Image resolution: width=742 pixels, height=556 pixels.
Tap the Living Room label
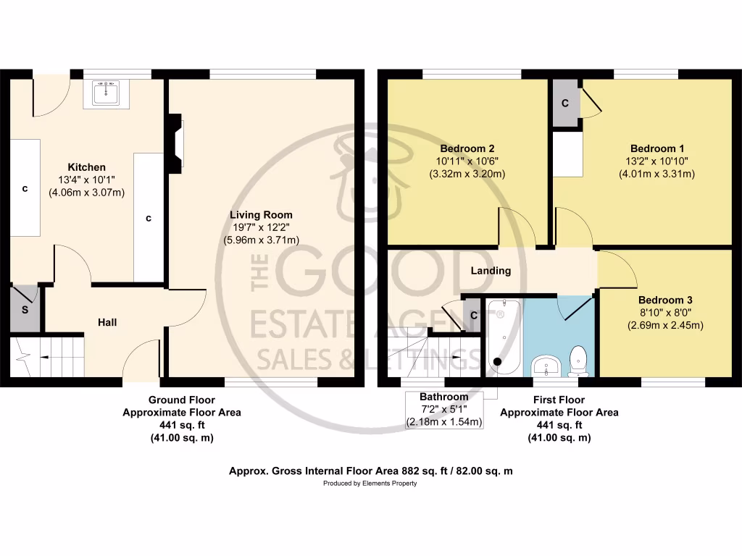261,215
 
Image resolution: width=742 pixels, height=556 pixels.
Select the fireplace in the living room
175,144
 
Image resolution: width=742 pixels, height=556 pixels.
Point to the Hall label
107,322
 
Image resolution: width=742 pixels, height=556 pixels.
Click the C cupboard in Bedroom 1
565,104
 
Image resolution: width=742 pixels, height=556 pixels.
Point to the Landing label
491,271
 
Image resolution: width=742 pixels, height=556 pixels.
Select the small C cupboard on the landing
472,316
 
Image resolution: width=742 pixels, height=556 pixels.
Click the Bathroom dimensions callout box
444,410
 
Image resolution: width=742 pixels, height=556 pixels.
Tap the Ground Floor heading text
181,400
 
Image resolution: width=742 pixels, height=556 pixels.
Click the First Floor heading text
559,400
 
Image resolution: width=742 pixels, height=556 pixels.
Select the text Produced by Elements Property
370,484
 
